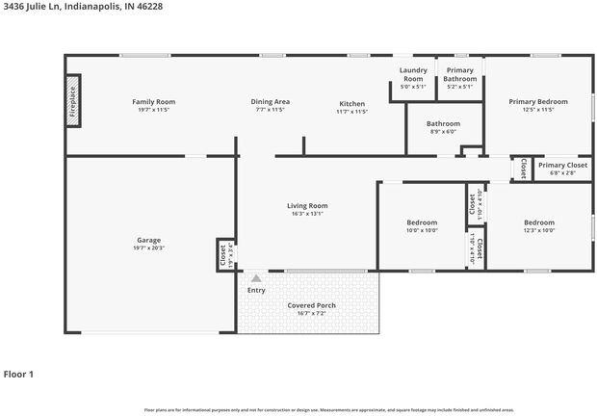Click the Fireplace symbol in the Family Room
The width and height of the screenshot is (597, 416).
(73, 101)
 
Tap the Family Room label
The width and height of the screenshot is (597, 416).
(153, 102)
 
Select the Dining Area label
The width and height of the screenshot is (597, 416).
(270, 102)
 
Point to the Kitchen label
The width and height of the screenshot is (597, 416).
(352, 104)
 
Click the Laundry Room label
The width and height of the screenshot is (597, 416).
(412, 75)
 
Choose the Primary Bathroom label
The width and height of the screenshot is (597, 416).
(459, 75)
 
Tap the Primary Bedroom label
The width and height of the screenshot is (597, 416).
(539, 102)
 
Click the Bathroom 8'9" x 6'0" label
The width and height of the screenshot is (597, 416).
(443, 123)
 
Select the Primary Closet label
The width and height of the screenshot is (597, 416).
(562, 166)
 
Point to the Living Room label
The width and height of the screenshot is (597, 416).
(307, 205)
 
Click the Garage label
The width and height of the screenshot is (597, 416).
(148, 240)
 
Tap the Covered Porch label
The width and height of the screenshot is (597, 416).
(311, 305)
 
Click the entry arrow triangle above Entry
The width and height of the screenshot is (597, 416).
(256, 278)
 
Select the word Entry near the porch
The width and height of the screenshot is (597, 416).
(256, 290)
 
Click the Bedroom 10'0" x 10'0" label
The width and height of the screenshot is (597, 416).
(421, 222)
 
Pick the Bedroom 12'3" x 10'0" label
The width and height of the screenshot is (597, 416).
(538, 222)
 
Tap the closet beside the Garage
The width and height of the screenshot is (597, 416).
(223, 255)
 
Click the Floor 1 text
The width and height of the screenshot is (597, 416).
(18, 374)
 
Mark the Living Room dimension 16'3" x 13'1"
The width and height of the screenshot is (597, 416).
(307, 214)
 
